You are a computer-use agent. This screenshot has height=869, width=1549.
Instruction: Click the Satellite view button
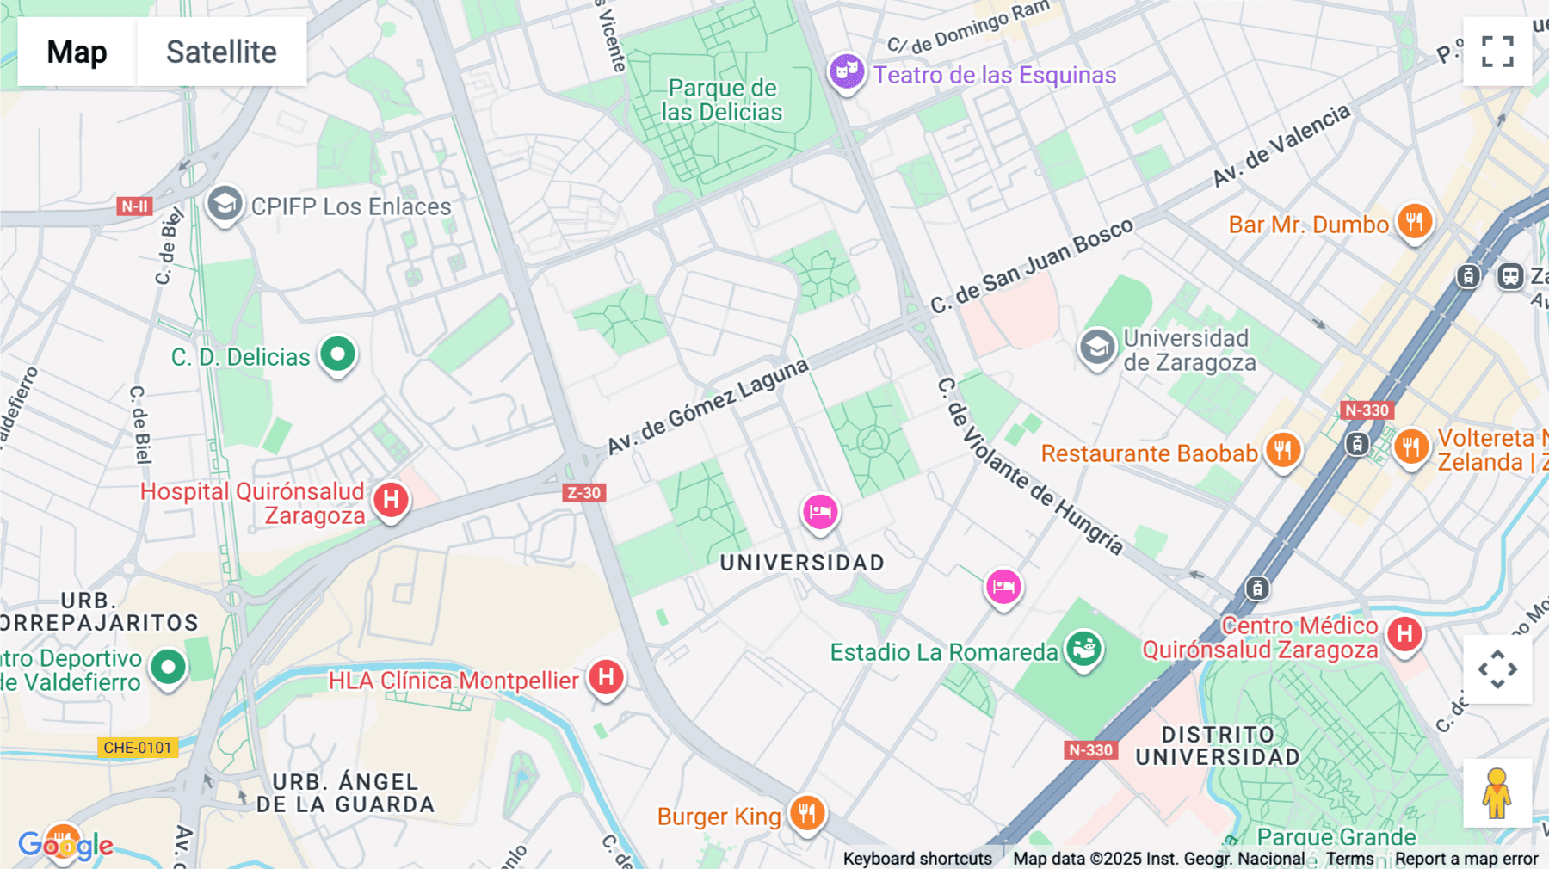tap(221, 52)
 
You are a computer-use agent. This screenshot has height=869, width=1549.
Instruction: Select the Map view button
tap(77, 52)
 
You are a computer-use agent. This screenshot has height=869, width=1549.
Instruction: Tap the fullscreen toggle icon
tap(1497, 52)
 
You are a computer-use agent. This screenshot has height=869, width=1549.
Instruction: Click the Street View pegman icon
tap(1497, 793)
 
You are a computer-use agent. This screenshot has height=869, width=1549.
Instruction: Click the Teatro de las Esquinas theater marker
tap(847, 71)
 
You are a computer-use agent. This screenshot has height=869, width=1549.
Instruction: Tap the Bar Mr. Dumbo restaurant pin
tap(1414, 222)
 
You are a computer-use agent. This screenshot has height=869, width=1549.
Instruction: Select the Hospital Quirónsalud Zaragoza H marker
tap(391, 499)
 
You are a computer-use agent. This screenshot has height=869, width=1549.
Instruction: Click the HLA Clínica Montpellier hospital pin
tap(606, 677)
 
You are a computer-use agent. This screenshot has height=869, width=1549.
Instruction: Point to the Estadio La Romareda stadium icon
tap(1083, 648)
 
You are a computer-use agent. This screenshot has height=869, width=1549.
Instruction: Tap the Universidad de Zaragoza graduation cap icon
tap(1097, 348)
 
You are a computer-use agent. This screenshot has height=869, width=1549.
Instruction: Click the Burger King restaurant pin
tap(806, 812)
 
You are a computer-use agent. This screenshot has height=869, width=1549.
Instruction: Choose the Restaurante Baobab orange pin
tap(1282, 449)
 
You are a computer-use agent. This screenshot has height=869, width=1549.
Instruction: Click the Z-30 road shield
tap(584, 493)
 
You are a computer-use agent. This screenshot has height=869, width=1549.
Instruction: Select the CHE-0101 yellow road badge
tap(138, 748)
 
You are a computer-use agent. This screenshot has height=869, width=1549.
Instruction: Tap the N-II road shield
tap(135, 206)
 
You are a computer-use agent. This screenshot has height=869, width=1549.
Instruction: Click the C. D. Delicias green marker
tap(337, 354)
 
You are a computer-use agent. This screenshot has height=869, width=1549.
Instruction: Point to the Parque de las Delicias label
tap(722, 100)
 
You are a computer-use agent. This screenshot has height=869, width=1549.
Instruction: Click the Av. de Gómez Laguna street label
tap(707, 406)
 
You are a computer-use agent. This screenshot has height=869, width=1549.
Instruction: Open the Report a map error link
tap(1466, 859)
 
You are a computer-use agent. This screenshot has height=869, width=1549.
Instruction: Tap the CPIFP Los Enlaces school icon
tap(225, 205)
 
